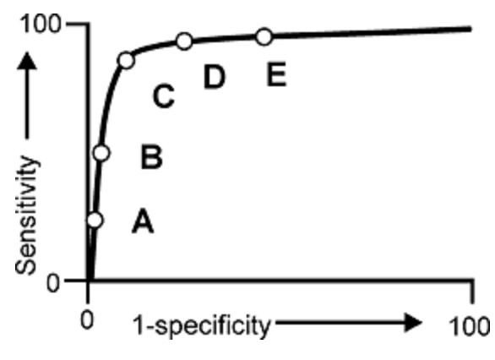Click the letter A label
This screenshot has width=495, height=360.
pyautogui.click(x=143, y=221)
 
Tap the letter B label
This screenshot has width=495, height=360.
pyautogui.click(x=151, y=157)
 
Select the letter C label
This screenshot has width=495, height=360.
pyautogui.click(x=164, y=96)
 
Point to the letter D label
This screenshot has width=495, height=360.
pyautogui.click(x=215, y=76)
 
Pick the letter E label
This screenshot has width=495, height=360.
pyautogui.click(x=276, y=74)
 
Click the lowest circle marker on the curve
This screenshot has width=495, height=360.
pyautogui.click(x=95, y=220)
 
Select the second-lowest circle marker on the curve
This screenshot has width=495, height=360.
pyautogui.click(x=101, y=153)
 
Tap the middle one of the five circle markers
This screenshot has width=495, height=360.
pyautogui.click(x=126, y=60)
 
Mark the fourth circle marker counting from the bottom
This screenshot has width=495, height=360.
pyautogui.click(x=184, y=41)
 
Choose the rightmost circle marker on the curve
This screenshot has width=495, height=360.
pyautogui.click(x=264, y=36)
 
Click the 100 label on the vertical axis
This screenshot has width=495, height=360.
pyautogui.click(x=40, y=24)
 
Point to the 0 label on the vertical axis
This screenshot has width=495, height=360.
pyautogui.click(x=52, y=283)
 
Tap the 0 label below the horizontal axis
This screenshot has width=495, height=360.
pyautogui.click(x=87, y=320)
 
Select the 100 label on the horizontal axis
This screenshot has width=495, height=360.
pyautogui.click(x=470, y=326)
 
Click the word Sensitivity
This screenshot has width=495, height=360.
pyautogui.click(x=26, y=215)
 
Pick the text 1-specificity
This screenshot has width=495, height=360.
pyautogui.click(x=201, y=326)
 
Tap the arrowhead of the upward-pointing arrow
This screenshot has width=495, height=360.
pyautogui.click(x=27, y=60)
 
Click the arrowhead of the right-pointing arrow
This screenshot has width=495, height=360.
pyautogui.click(x=413, y=323)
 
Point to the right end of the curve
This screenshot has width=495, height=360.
pyautogui.click(x=471, y=29)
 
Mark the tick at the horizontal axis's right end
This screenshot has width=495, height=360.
pyautogui.click(x=472, y=292)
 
